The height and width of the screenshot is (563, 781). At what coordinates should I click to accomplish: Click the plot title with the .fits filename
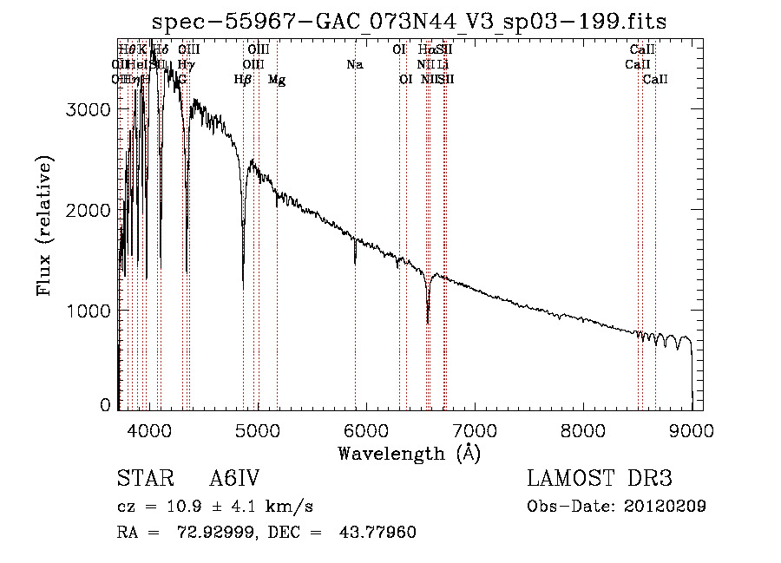tap(409, 22)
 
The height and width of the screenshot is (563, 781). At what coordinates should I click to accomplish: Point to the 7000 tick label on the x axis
tap(474, 430)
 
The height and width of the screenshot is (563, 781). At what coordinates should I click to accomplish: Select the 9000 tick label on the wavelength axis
tap(691, 430)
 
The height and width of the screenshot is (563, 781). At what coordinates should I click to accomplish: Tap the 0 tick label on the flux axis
tap(105, 405)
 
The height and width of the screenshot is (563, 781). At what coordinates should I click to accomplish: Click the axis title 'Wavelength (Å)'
tap(409, 453)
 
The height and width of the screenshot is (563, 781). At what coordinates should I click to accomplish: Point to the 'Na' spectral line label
tap(354, 64)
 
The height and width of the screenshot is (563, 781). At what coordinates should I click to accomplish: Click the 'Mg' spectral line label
tap(277, 80)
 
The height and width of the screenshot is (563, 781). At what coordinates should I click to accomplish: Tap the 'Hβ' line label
tap(243, 80)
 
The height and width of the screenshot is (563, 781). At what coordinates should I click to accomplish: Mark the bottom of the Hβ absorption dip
tap(243, 287)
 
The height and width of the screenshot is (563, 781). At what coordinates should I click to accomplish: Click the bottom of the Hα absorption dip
tap(428, 323)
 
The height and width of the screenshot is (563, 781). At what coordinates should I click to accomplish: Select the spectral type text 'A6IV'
tap(235, 480)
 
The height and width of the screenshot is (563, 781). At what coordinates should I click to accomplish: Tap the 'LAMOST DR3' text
tap(600, 480)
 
